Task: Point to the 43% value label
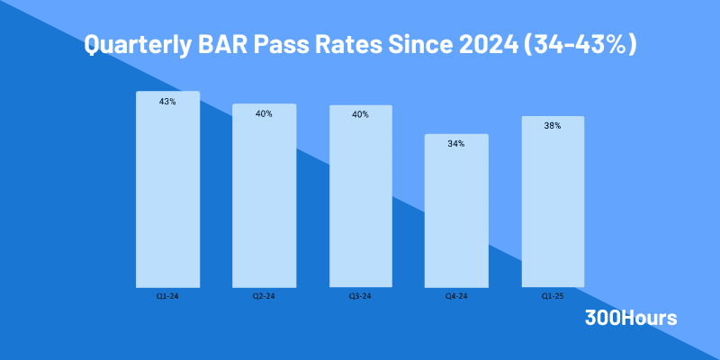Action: pyautogui.click(x=167, y=102)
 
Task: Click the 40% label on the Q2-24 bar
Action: pyautogui.click(x=264, y=114)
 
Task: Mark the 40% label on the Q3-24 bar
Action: pyautogui.click(x=360, y=114)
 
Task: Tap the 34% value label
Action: pyautogui.click(x=456, y=144)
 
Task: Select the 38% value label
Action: pyautogui.click(x=552, y=126)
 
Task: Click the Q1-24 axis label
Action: pyautogui.click(x=167, y=296)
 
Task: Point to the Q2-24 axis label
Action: pyautogui.click(x=264, y=296)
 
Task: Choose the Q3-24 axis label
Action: pyautogui.click(x=360, y=296)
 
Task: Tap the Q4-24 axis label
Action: pyautogui.click(x=456, y=296)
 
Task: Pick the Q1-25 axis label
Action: pyautogui.click(x=552, y=296)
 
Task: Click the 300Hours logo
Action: pyautogui.click(x=631, y=318)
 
